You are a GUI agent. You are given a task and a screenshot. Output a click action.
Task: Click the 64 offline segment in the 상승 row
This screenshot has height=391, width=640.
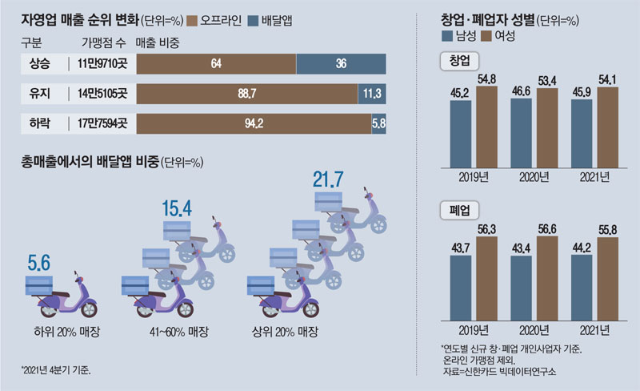pyautogui.click(x=217, y=64)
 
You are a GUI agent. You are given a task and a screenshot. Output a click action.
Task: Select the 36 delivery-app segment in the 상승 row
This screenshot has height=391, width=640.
pyautogui.click(x=342, y=64)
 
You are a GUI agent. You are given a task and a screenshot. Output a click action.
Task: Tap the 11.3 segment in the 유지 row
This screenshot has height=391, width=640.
pyautogui.click(x=372, y=95)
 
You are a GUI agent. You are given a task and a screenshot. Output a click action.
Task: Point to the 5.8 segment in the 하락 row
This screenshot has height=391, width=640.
pyautogui.click(x=379, y=124)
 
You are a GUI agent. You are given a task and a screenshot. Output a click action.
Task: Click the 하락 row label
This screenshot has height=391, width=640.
pyautogui.click(x=38, y=124)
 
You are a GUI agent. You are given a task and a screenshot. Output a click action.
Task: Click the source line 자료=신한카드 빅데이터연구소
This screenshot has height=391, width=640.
pyautogui.click(x=498, y=373)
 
